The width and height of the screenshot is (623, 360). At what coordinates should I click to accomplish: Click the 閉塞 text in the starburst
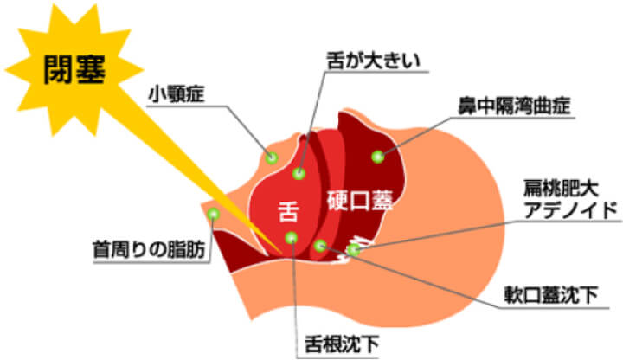click(x=74, y=69)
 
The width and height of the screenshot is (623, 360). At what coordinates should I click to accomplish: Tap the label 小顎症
click(x=176, y=94)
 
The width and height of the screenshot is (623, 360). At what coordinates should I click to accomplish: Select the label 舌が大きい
click(x=373, y=61)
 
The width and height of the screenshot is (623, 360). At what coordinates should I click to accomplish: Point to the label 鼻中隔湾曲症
click(x=514, y=106)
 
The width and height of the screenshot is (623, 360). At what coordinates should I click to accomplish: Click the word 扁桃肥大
click(x=561, y=190)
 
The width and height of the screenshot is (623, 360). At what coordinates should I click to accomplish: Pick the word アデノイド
click(x=570, y=209)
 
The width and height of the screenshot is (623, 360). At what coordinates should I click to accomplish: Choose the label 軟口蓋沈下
click(x=550, y=295)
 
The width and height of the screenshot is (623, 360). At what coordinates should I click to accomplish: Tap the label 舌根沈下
click(x=342, y=344)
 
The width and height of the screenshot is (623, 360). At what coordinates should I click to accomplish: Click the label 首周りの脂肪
click(x=149, y=250)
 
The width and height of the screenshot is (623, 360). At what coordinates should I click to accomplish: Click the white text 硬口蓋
click(x=360, y=201)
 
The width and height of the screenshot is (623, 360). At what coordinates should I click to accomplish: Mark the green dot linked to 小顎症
click(x=272, y=157)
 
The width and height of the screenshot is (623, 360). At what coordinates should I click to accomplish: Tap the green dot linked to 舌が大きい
click(x=299, y=173)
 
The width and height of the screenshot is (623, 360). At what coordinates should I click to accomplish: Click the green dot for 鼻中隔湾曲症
click(x=378, y=157)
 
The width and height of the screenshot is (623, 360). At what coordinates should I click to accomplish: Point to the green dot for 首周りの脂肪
click(x=214, y=214)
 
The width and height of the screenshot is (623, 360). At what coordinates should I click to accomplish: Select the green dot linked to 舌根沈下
click(x=292, y=238)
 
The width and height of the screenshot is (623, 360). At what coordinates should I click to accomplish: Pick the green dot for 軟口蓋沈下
click(x=320, y=246)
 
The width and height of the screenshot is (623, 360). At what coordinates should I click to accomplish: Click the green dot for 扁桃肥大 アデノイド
click(x=353, y=250)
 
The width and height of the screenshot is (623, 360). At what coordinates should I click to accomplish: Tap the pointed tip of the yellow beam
click(x=281, y=253)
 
